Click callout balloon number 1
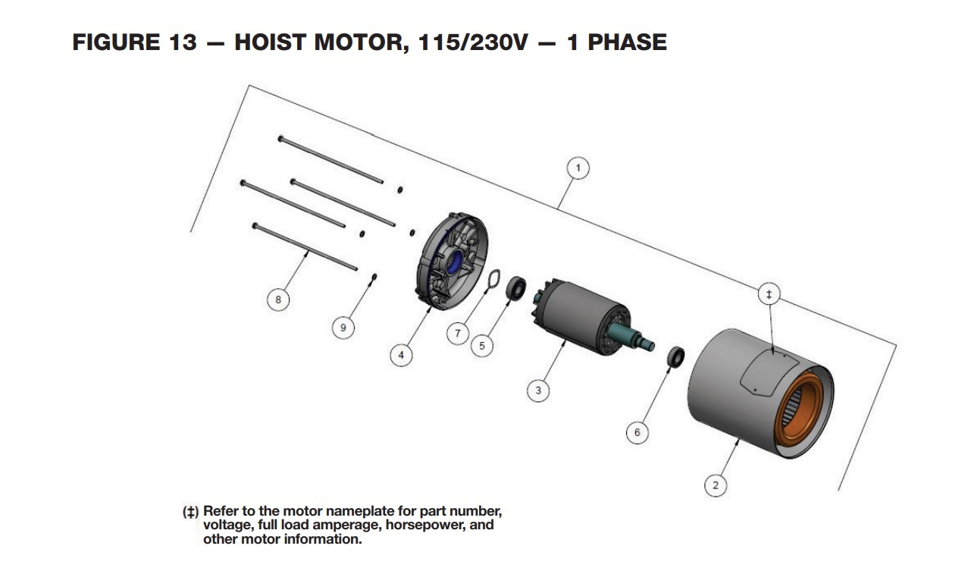pyautogui.click(x=578, y=168)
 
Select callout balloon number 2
pyautogui.click(x=716, y=485)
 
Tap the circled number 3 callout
pyautogui.click(x=538, y=391)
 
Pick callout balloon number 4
pyautogui.click(x=401, y=354)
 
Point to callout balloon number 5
pyautogui.click(x=481, y=346)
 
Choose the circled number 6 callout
pyautogui.click(x=637, y=432)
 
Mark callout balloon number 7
pyautogui.click(x=457, y=333)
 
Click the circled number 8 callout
pyautogui.click(x=278, y=300)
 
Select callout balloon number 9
pyautogui.click(x=343, y=328)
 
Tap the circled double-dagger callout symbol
pyautogui.click(x=769, y=294)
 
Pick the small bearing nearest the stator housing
pyautogui.click(x=675, y=356)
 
